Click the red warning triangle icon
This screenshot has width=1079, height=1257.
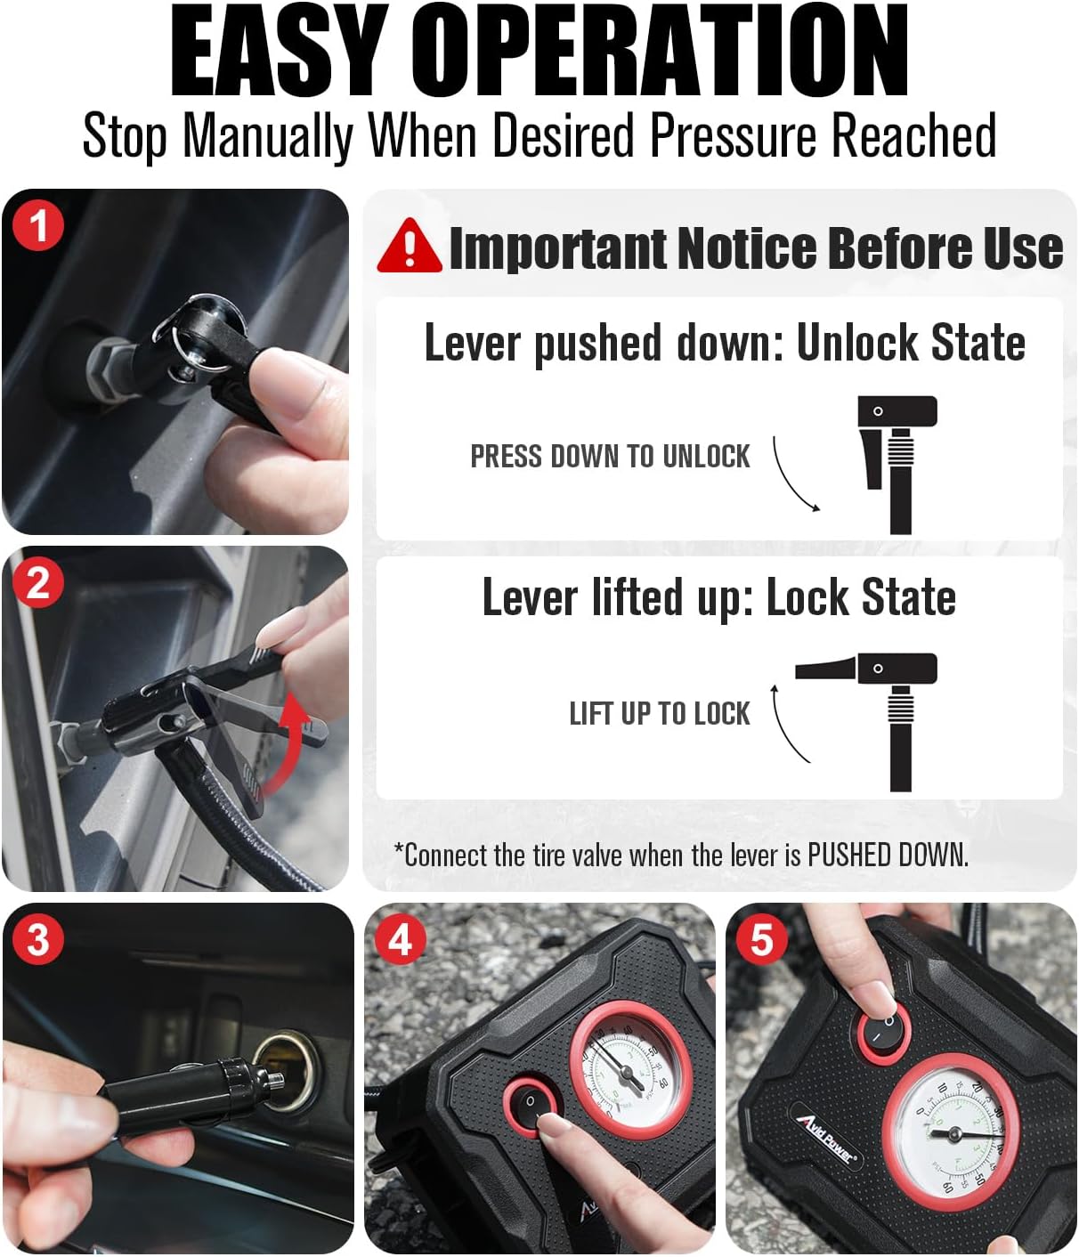409,246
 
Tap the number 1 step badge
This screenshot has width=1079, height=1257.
38,226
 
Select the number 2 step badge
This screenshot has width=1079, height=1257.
38,583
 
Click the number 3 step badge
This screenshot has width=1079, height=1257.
38,940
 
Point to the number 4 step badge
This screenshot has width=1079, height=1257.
401,940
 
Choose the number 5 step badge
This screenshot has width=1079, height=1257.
762,940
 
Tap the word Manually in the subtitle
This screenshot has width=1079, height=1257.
268,136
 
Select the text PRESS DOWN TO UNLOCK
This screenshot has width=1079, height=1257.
610,457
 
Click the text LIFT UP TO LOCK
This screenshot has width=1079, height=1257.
660,714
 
